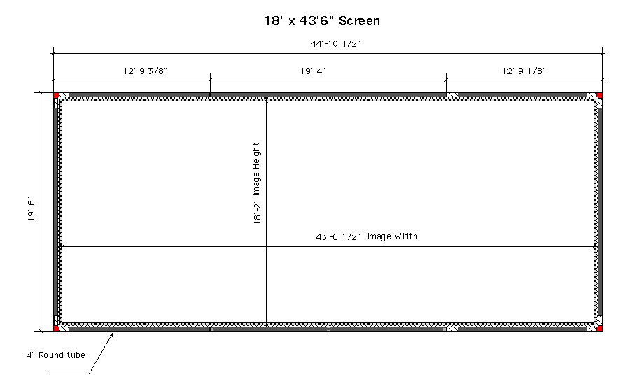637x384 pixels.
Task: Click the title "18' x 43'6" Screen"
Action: (322, 21)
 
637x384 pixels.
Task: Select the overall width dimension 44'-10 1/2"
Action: (335, 44)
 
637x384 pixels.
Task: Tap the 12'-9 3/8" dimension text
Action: (146, 71)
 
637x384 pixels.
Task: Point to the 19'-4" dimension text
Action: (313, 71)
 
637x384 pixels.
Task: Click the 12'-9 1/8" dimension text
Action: (524, 71)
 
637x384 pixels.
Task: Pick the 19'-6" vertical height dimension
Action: (31, 209)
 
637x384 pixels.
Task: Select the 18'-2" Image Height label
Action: (257, 183)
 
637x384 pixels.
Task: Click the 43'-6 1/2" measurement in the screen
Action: (338, 236)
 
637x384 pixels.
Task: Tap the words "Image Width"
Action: (393, 236)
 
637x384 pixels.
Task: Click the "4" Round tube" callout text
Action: (56, 355)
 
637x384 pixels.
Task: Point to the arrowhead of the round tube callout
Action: (113, 333)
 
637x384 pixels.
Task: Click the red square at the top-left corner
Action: (56, 95)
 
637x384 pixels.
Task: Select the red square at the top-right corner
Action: (600, 95)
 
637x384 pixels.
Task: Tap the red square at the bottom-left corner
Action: (56, 328)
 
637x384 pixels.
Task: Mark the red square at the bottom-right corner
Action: (600, 328)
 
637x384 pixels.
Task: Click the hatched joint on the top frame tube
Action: (452, 95)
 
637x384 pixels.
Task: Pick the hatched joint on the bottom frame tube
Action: (452, 329)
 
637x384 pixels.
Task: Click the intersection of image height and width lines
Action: (267, 246)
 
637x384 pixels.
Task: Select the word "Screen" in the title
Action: (360, 21)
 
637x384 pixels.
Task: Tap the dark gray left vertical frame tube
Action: (56, 212)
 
